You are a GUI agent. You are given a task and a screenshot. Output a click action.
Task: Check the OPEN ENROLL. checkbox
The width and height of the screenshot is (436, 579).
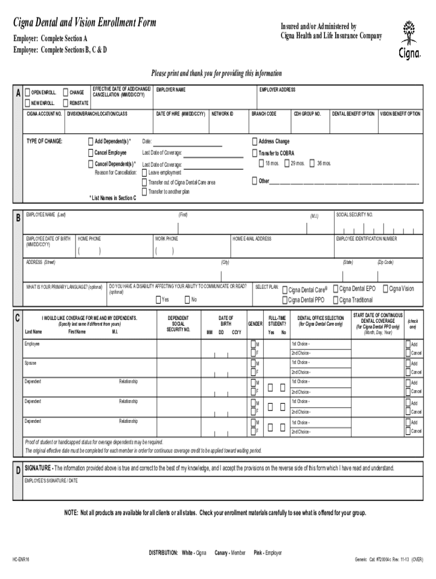tap(27, 92)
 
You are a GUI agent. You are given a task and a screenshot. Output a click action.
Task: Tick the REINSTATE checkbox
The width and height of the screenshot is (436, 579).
tap(66, 103)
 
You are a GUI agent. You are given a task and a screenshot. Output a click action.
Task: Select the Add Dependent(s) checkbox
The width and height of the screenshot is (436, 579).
tap(91, 141)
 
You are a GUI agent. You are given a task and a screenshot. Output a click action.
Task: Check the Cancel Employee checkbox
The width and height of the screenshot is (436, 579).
tap(91, 153)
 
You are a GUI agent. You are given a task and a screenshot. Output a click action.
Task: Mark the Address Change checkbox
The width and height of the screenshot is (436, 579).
tap(254, 141)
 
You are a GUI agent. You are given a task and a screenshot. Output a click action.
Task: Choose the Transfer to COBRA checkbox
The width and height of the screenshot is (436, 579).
tap(254, 153)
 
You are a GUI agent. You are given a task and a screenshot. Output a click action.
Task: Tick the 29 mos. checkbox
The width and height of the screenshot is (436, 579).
tap(287, 163)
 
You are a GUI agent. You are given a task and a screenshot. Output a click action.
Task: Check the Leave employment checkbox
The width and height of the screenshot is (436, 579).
tap(144, 172)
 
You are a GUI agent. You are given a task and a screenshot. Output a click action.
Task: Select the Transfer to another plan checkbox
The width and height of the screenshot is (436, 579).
tap(144, 192)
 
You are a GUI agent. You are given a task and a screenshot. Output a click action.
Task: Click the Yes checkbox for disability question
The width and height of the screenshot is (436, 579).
tap(158, 299)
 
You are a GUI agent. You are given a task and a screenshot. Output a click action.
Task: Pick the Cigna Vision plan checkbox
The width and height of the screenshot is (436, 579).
tap(384, 288)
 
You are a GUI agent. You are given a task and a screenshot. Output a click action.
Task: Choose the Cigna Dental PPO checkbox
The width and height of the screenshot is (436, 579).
tap(284, 300)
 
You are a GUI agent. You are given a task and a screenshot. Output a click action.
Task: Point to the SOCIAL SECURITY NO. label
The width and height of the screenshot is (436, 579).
tap(354, 215)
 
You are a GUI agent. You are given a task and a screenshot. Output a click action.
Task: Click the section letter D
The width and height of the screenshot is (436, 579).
tap(18, 470)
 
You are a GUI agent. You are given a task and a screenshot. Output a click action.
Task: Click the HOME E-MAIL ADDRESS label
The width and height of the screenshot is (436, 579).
tap(252, 239)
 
